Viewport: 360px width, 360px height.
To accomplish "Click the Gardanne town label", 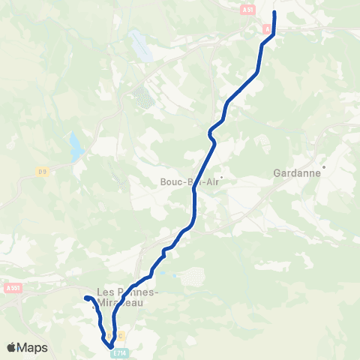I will (298, 172).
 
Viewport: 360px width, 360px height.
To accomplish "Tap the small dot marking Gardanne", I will (323, 166).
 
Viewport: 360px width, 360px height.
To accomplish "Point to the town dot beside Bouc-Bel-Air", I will (221, 178).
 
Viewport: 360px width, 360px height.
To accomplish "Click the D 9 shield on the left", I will (43, 172).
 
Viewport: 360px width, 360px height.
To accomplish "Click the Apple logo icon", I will (12, 347).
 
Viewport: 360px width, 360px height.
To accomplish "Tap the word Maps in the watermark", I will (33, 347).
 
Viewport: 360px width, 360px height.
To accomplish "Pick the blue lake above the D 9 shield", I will (76, 146).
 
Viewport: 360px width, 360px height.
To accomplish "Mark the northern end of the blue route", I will (274, 13).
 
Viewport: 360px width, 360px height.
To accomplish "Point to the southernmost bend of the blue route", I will (109, 346).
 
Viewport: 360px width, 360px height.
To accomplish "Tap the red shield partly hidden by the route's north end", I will (268, 28).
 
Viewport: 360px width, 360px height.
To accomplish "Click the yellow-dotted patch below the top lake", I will (143, 98).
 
